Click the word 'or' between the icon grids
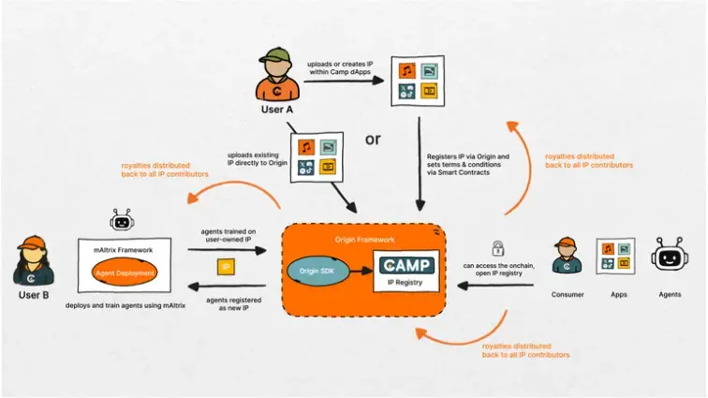point(373,140)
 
